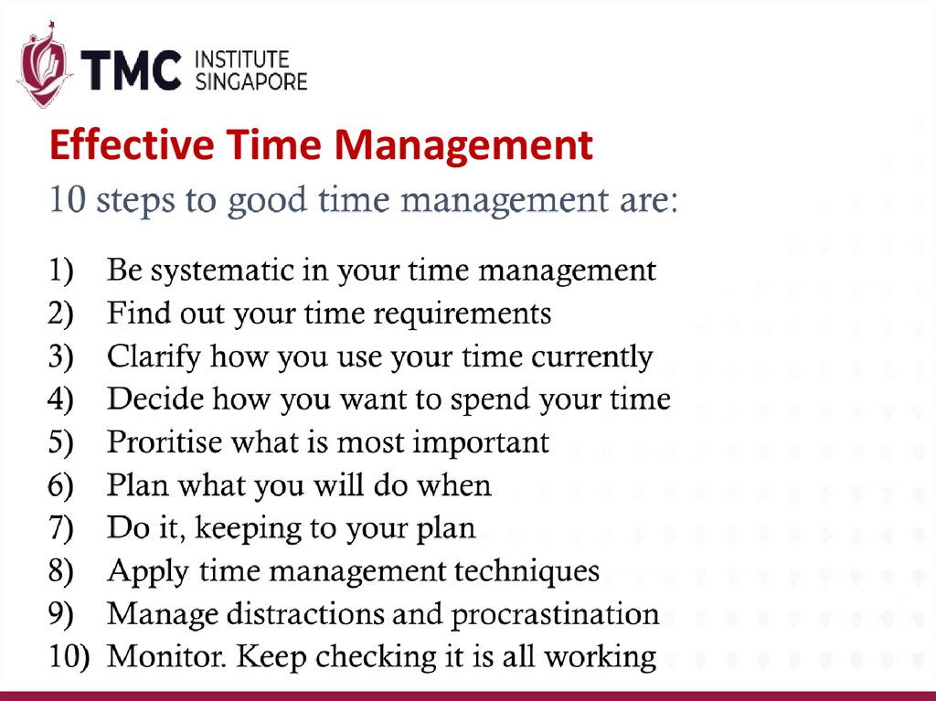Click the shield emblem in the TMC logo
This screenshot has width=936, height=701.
43,71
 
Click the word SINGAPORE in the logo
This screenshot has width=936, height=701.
251,81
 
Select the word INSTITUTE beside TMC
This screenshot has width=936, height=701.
242,60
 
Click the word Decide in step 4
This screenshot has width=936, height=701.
152,399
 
